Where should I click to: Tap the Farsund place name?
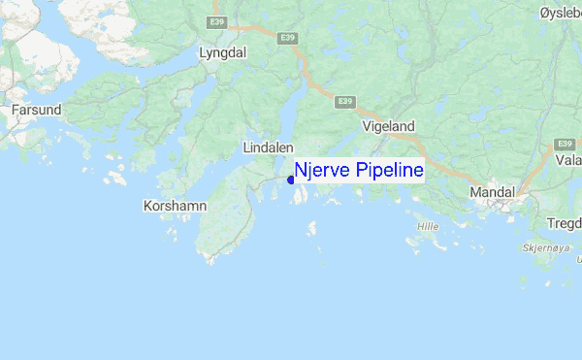tap(37, 111)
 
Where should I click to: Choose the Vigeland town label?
tap(388, 126)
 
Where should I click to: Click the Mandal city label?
tap(494, 193)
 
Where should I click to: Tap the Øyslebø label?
tap(561, 12)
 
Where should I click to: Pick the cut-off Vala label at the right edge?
tap(568, 161)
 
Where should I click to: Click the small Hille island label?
tap(428, 226)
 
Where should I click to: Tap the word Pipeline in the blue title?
tap(389, 172)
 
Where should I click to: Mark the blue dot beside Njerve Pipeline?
tap(291, 180)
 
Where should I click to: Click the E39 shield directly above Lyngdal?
tap(219, 18)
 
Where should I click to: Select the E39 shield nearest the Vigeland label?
tap(344, 100)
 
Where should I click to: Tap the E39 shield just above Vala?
tap(566, 143)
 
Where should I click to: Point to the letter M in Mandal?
tap(475, 193)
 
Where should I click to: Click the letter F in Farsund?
tap(16, 111)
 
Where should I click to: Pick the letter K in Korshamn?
tap(147, 206)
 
